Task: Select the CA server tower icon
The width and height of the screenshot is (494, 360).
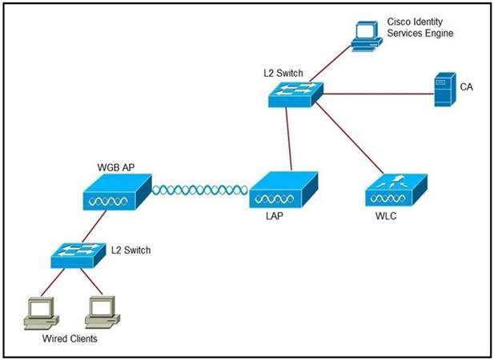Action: [443, 90]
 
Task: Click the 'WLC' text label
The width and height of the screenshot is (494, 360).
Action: [387, 218]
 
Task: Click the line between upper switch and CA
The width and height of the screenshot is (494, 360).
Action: [376, 94]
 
